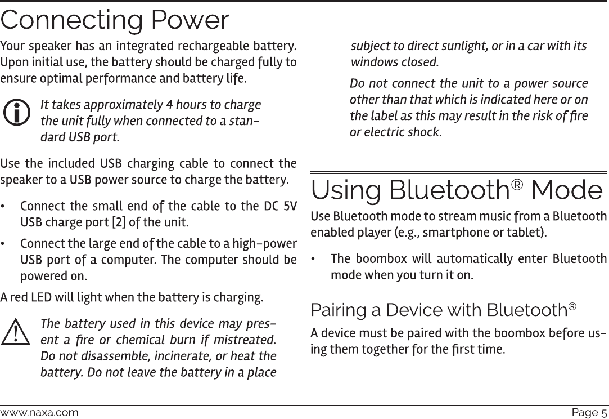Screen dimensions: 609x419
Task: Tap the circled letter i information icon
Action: pyautogui.click(x=17, y=113)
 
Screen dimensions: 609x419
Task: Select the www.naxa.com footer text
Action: pyautogui.click(x=39, y=413)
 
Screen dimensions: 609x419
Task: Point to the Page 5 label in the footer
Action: pyautogui.click(x=589, y=413)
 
